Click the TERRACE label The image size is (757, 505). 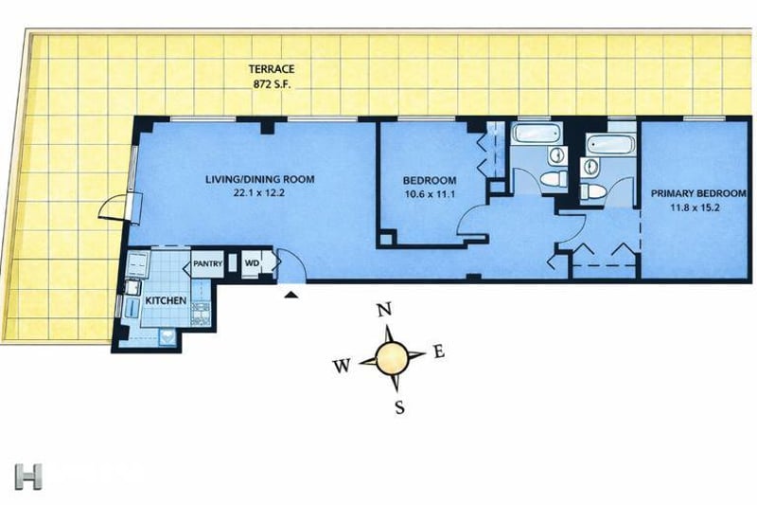(x=272, y=69)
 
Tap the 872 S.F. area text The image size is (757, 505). (x=272, y=84)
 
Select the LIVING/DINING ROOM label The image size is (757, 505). (x=259, y=179)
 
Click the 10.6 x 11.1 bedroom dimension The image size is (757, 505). (x=430, y=195)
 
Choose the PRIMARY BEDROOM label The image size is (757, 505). (x=698, y=194)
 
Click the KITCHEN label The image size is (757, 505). (x=166, y=300)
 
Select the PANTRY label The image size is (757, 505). (x=207, y=263)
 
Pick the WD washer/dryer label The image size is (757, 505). (x=252, y=263)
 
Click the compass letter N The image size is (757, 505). (x=384, y=309)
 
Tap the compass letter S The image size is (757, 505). (x=399, y=408)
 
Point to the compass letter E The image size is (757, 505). (x=439, y=352)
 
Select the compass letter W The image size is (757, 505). (x=341, y=367)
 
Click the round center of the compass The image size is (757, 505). (x=391, y=358)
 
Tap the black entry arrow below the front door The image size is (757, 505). (x=290, y=295)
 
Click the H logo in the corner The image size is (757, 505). (x=28, y=477)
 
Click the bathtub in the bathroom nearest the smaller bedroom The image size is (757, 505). (x=537, y=133)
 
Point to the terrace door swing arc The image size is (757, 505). (x=107, y=207)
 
